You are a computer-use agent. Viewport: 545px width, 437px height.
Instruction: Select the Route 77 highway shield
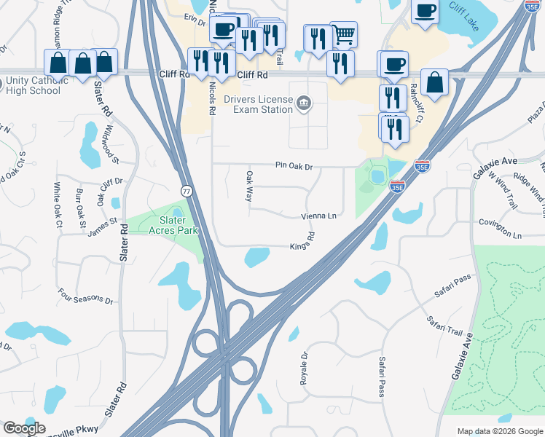tap(187, 191)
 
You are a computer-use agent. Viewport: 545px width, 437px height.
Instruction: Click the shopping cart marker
tap(343, 34)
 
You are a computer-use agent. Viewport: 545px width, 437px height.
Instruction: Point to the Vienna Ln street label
tap(320, 216)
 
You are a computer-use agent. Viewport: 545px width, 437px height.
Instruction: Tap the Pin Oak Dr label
tap(294, 166)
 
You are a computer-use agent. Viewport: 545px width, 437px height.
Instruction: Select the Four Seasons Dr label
tap(86, 299)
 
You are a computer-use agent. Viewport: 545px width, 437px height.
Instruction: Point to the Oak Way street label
tap(249, 187)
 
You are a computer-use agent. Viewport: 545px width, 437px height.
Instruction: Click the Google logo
tap(24, 428)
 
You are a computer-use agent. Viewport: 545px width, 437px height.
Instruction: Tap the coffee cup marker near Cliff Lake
tap(425, 11)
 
